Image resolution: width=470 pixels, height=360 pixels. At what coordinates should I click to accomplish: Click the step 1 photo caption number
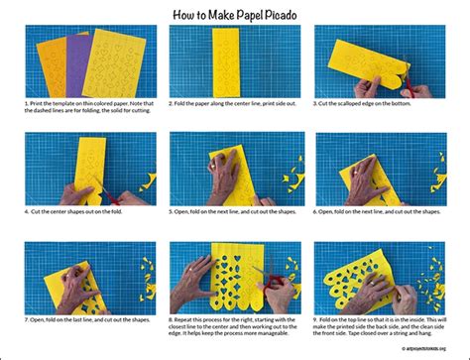(x=26, y=103)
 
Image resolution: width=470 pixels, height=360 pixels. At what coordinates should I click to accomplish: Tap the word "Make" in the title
(x=217, y=14)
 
